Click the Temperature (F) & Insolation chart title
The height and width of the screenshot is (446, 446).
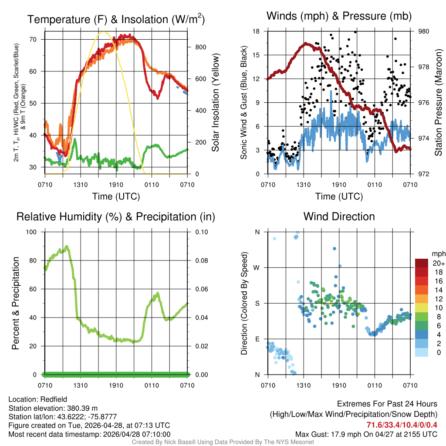tap(116, 19)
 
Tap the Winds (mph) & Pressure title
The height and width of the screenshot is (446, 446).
tap(339, 16)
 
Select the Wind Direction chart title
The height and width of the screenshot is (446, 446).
tap(339, 216)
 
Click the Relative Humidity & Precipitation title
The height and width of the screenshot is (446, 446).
tap(116, 216)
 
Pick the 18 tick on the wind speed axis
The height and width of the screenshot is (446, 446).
tap(256, 31)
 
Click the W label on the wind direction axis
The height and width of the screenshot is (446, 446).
tap(257, 267)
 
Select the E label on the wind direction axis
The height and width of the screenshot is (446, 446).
tap(257, 339)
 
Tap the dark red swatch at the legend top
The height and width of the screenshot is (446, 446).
tap(421, 264)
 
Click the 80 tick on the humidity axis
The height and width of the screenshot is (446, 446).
tap(36, 260)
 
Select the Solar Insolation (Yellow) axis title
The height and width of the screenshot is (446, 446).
tap(215, 103)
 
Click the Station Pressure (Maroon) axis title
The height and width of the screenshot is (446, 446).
tap(438, 103)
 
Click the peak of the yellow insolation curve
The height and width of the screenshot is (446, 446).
tap(103, 32)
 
